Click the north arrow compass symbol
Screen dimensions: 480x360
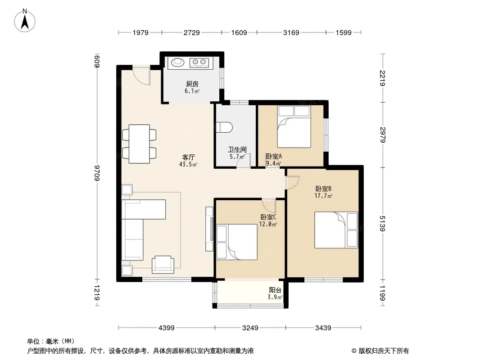pyautogui.click(x=25, y=21)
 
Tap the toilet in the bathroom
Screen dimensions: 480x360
pyautogui.click(x=224, y=128)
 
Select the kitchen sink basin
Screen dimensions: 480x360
pyautogui.click(x=177, y=63)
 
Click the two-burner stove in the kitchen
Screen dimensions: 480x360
pyautogui.click(x=199, y=63)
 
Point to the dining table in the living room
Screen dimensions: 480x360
pyautogui.click(x=139, y=144)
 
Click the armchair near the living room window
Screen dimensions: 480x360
pyautogui.click(x=163, y=265)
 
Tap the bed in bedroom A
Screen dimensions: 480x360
pyautogui.click(x=294, y=126)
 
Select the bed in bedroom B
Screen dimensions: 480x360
pyautogui.click(x=336, y=229)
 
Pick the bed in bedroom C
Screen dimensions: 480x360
pyautogui.click(x=237, y=242)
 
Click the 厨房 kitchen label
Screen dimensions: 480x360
pyautogui.click(x=192, y=84)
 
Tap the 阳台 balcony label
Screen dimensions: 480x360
pyautogui.click(x=275, y=290)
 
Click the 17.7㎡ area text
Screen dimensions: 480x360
pyautogui.click(x=323, y=196)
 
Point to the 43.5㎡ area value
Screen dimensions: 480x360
pyautogui.click(x=188, y=164)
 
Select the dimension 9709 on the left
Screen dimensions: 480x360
pyautogui.click(x=97, y=173)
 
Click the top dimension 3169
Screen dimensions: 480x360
pyautogui.click(x=291, y=32)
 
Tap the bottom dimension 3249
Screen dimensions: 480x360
pyautogui.click(x=250, y=328)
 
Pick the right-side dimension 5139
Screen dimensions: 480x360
pyautogui.click(x=382, y=224)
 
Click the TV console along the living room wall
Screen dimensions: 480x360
pyautogui.click(x=209, y=229)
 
